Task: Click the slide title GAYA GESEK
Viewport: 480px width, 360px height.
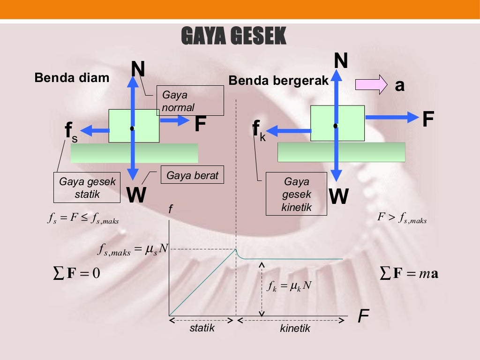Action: (233, 36)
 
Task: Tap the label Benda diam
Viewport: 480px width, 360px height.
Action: (72, 77)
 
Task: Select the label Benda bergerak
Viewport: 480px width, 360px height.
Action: (278, 81)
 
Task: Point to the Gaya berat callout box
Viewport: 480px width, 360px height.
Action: (192, 176)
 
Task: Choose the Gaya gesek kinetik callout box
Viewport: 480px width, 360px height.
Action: (296, 194)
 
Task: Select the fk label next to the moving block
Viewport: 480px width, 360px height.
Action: (258, 130)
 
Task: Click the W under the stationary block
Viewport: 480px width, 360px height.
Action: (136, 195)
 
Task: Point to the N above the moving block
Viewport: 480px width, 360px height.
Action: (341, 61)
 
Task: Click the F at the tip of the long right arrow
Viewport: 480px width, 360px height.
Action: (427, 119)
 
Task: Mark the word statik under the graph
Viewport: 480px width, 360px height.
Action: (202, 328)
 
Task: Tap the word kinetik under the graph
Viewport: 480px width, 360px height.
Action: (295, 329)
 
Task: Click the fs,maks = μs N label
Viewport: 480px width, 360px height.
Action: (133, 250)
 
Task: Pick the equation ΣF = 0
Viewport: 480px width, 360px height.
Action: (76, 273)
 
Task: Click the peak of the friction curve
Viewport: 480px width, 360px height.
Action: (236, 249)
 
